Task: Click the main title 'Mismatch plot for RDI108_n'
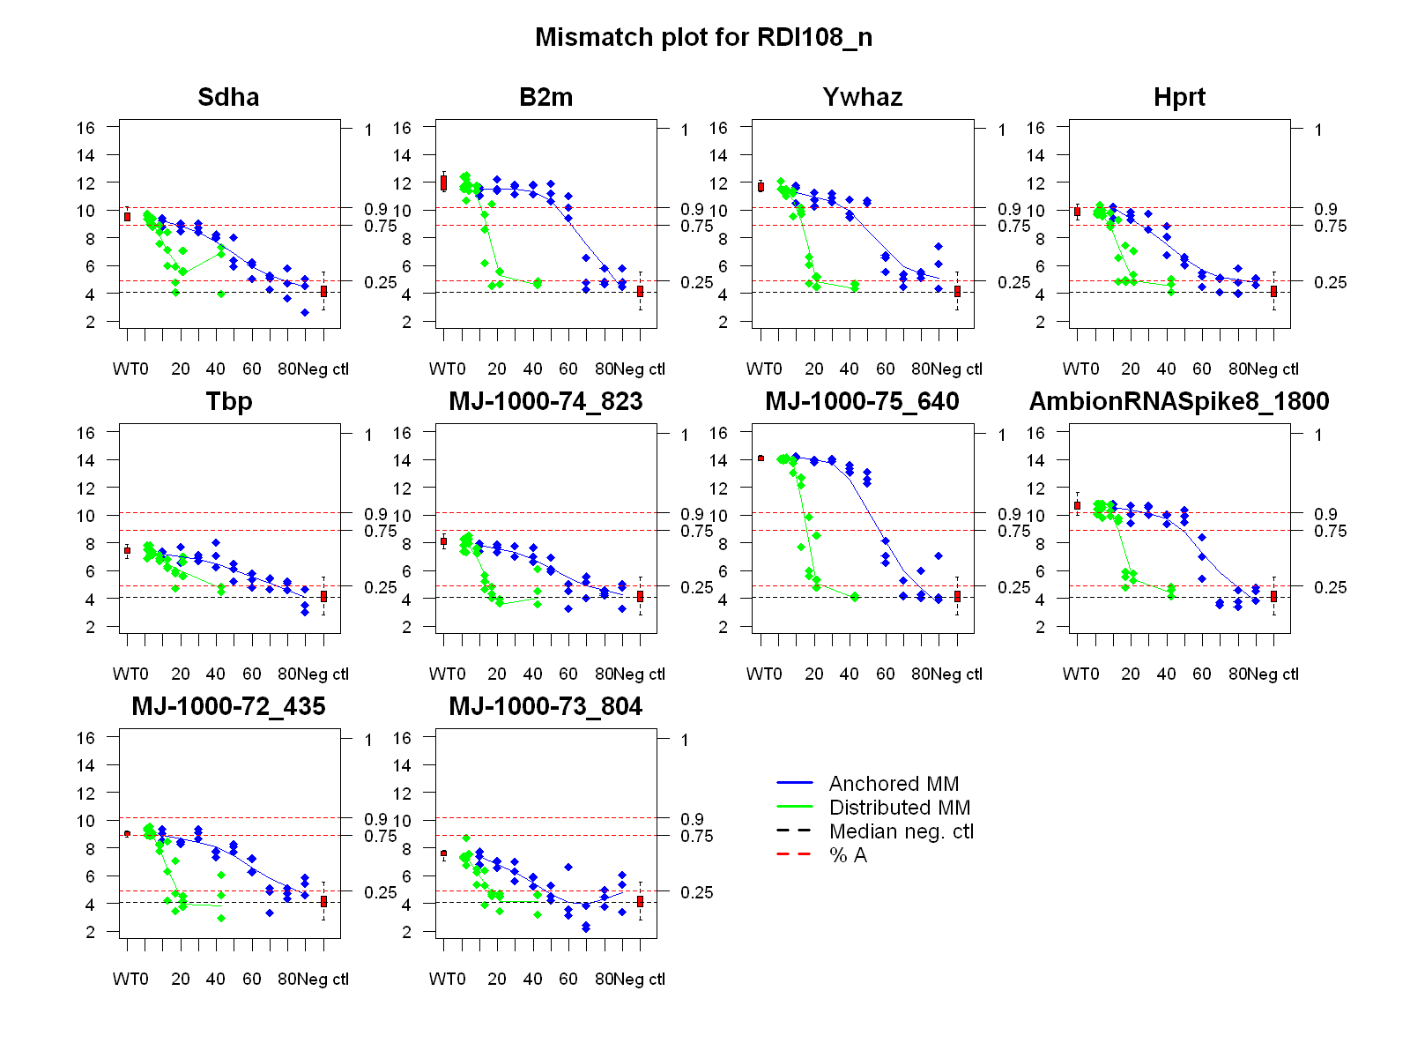[703, 37]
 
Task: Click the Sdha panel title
[228, 97]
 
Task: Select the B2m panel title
[545, 97]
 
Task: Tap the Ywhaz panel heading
[862, 97]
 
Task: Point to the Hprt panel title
[1179, 97]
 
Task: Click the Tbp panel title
[228, 402]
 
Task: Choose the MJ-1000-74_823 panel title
[545, 402]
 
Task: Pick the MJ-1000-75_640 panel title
[862, 402]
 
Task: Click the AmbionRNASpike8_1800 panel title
[1179, 402]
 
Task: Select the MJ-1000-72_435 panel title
[228, 707]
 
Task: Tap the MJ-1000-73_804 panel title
[545, 707]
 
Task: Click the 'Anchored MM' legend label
[894, 784]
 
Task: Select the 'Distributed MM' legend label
[899, 808]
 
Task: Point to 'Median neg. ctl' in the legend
[901, 831]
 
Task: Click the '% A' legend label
[848, 855]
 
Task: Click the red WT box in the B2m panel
[443, 183]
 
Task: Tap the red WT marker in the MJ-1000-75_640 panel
[761, 458]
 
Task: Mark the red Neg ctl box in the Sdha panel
[323, 291]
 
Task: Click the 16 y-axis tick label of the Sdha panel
[85, 128]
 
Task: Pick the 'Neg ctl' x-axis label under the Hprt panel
[1273, 369]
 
